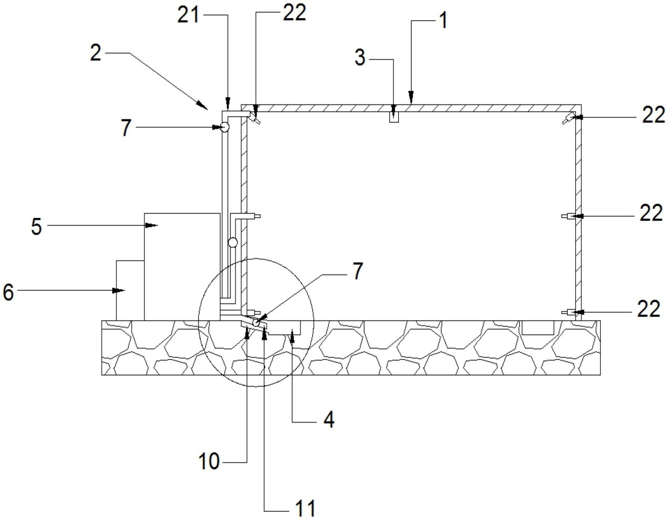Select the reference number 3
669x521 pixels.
coord(360,58)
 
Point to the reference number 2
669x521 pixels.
coord(96,53)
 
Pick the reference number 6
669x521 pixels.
coord(8,293)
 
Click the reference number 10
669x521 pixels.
coord(209,462)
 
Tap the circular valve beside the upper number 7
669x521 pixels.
coord(224,127)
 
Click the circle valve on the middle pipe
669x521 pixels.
coord(232,242)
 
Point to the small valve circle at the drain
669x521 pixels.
coord(256,322)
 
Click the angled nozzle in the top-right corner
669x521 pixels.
coord(568,118)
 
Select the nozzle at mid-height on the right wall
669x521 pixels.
coord(569,216)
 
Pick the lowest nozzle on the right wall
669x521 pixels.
coord(569,312)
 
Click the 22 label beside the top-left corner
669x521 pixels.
coord(294,13)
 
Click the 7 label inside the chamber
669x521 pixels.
coord(358,271)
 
